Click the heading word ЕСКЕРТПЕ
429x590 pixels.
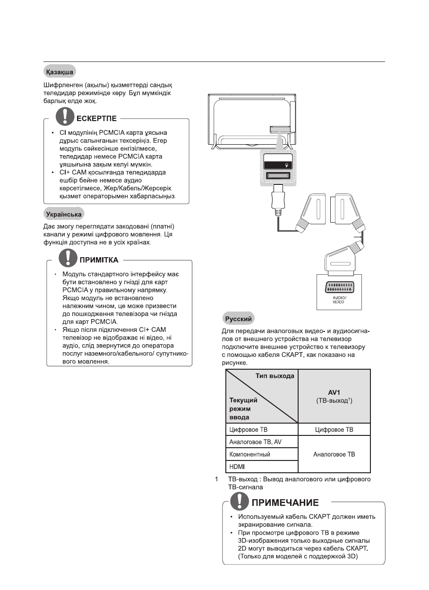point(97,118)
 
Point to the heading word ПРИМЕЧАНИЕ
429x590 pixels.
point(285,502)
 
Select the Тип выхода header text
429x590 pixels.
point(275,376)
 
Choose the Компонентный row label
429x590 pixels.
point(249,454)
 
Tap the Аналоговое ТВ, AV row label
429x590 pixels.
point(255,442)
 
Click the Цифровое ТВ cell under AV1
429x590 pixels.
point(334,430)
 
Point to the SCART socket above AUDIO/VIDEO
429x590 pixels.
point(338,287)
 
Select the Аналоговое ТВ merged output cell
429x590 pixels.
point(334,454)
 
